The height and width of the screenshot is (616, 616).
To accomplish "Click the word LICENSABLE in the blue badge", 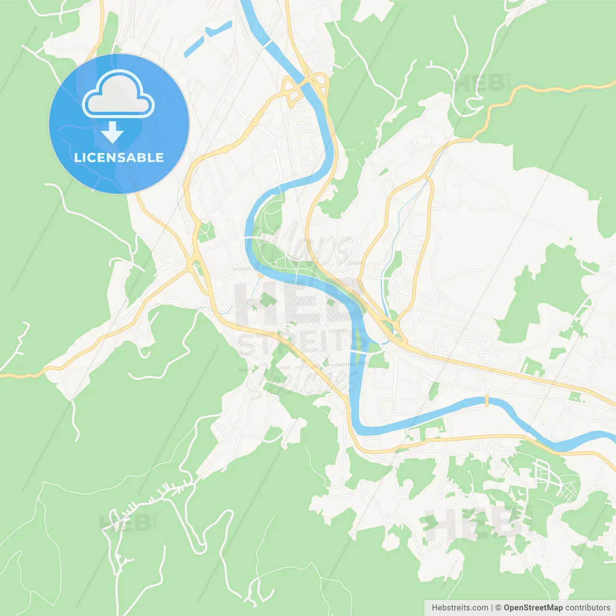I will (x=119, y=157).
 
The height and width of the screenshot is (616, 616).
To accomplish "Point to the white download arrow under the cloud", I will (x=113, y=132).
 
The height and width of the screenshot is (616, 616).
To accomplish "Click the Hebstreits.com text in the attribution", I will (x=460, y=608).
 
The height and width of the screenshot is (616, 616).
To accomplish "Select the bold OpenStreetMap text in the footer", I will (x=533, y=608).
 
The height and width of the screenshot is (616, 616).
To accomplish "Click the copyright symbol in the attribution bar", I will (x=498, y=608).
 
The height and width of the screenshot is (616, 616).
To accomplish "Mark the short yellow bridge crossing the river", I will (x=487, y=400).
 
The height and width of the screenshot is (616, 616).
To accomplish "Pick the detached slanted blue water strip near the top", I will (x=208, y=38).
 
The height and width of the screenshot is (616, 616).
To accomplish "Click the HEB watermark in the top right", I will (x=479, y=84).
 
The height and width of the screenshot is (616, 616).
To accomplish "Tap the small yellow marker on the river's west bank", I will (x=260, y=276).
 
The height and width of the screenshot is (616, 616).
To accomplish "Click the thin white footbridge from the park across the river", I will (x=248, y=238).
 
